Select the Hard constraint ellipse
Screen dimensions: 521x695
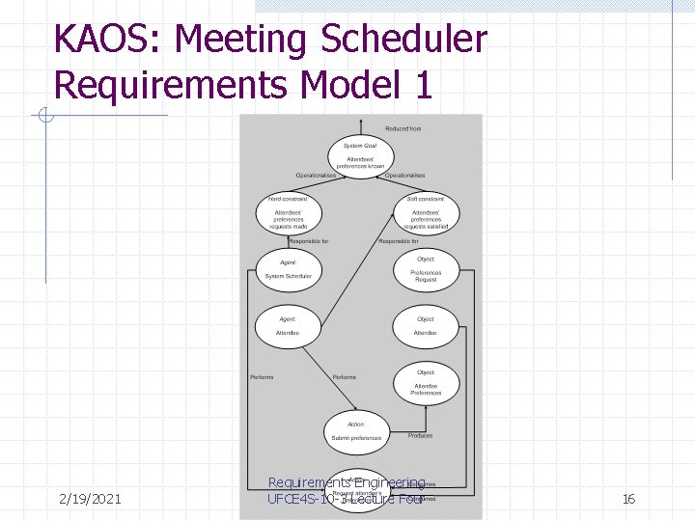pos(288,213)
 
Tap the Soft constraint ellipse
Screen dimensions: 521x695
pos(426,213)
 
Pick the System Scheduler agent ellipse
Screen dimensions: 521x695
pos(288,271)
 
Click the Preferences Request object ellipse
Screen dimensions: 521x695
pos(426,271)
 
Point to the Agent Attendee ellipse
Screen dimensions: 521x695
pos(288,328)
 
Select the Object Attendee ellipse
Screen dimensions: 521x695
pos(426,328)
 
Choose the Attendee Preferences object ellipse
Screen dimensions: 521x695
pos(426,385)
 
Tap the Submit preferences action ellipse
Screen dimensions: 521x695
pos(356,433)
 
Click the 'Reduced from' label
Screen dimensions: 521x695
pos(403,128)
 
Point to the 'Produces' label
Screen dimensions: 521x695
pos(420,436)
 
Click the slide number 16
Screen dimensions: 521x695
pos(628,499)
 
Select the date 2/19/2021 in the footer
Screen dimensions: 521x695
pos(89,499)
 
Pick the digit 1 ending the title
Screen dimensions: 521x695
pos(421,85)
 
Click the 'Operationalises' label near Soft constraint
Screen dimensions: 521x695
pos(404,176)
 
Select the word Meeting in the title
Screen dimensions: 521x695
pos(241,41)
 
